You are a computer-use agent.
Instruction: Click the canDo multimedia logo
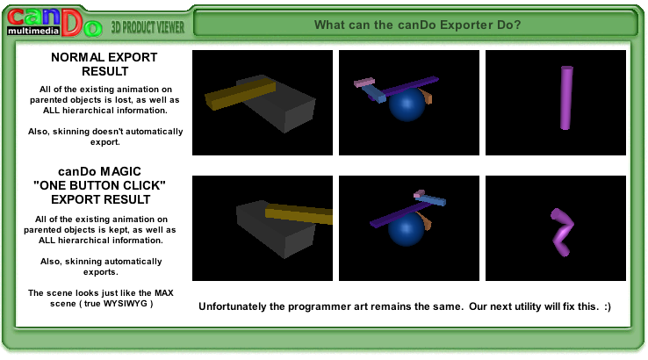[54, 22]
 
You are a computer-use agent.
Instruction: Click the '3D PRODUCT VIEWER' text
[148, 27]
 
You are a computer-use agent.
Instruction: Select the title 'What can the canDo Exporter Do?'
[417, 25]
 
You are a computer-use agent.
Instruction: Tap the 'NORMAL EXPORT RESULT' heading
[104, 64]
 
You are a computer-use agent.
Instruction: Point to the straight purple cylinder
[566, 98]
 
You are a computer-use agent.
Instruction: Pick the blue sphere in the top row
[407, 104]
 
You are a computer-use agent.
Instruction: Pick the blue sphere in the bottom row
[406, 228]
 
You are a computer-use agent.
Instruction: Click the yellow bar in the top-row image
[240, 93]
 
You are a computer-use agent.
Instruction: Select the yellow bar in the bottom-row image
[299, 213]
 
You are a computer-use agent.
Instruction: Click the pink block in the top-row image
[364, 83]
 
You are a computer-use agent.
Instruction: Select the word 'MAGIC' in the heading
[120, 171]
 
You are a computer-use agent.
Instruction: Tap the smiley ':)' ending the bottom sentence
[607, 306]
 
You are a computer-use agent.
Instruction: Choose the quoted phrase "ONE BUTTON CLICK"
[99, 185]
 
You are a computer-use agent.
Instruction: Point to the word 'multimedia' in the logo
[33, 31]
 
